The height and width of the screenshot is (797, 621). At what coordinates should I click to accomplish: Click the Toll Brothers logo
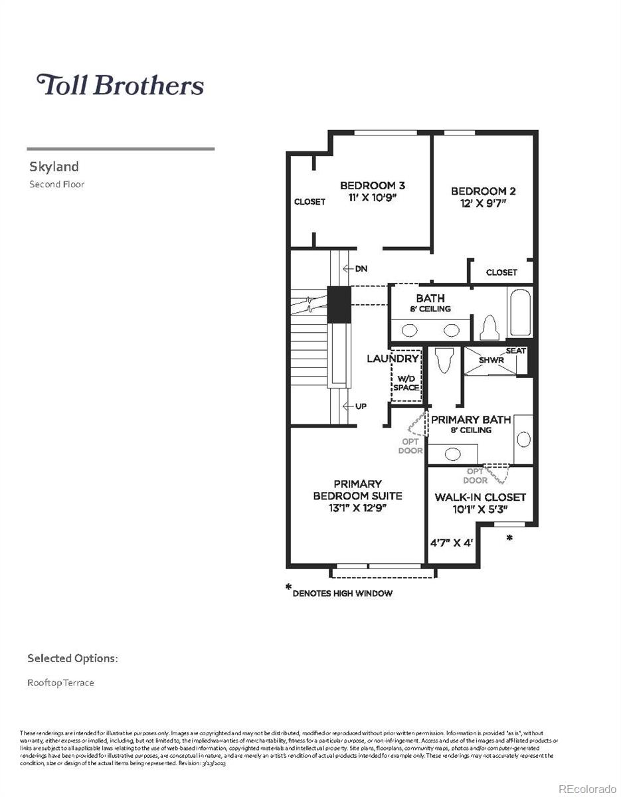tap(120, 85)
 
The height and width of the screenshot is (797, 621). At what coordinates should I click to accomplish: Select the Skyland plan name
tap(54, 167)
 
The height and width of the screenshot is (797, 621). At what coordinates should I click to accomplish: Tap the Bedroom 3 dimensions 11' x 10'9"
tap(372, 197)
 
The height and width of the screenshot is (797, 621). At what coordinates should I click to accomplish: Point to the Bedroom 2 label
tap(483, 191)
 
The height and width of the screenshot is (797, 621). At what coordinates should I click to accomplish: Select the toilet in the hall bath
tap(490, 327)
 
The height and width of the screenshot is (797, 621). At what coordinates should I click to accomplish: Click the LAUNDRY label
tap(393, 359)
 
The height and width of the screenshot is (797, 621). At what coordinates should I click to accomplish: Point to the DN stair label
tap(361, 269)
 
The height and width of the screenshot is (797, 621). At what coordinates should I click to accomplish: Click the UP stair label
tap(361, 406)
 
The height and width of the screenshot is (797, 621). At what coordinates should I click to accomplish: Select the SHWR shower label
tap(491, 360)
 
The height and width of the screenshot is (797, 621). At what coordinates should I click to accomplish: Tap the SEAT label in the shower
tap(515, 351)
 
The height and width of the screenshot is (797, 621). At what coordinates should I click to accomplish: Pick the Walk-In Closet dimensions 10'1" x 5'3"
tap(480, 510)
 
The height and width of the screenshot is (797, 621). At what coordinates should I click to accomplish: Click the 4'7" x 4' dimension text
tap(451, 542)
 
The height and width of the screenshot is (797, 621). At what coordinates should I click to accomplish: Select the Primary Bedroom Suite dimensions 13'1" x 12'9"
tap(357, 508)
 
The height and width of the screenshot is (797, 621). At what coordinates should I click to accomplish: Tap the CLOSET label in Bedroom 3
tap(310, 202)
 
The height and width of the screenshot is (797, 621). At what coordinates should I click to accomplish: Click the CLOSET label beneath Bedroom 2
tap(501, 272)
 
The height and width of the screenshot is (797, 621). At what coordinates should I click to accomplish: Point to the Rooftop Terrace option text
tap(60, 683)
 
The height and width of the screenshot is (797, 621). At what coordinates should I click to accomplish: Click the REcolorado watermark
tap(587, 788)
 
